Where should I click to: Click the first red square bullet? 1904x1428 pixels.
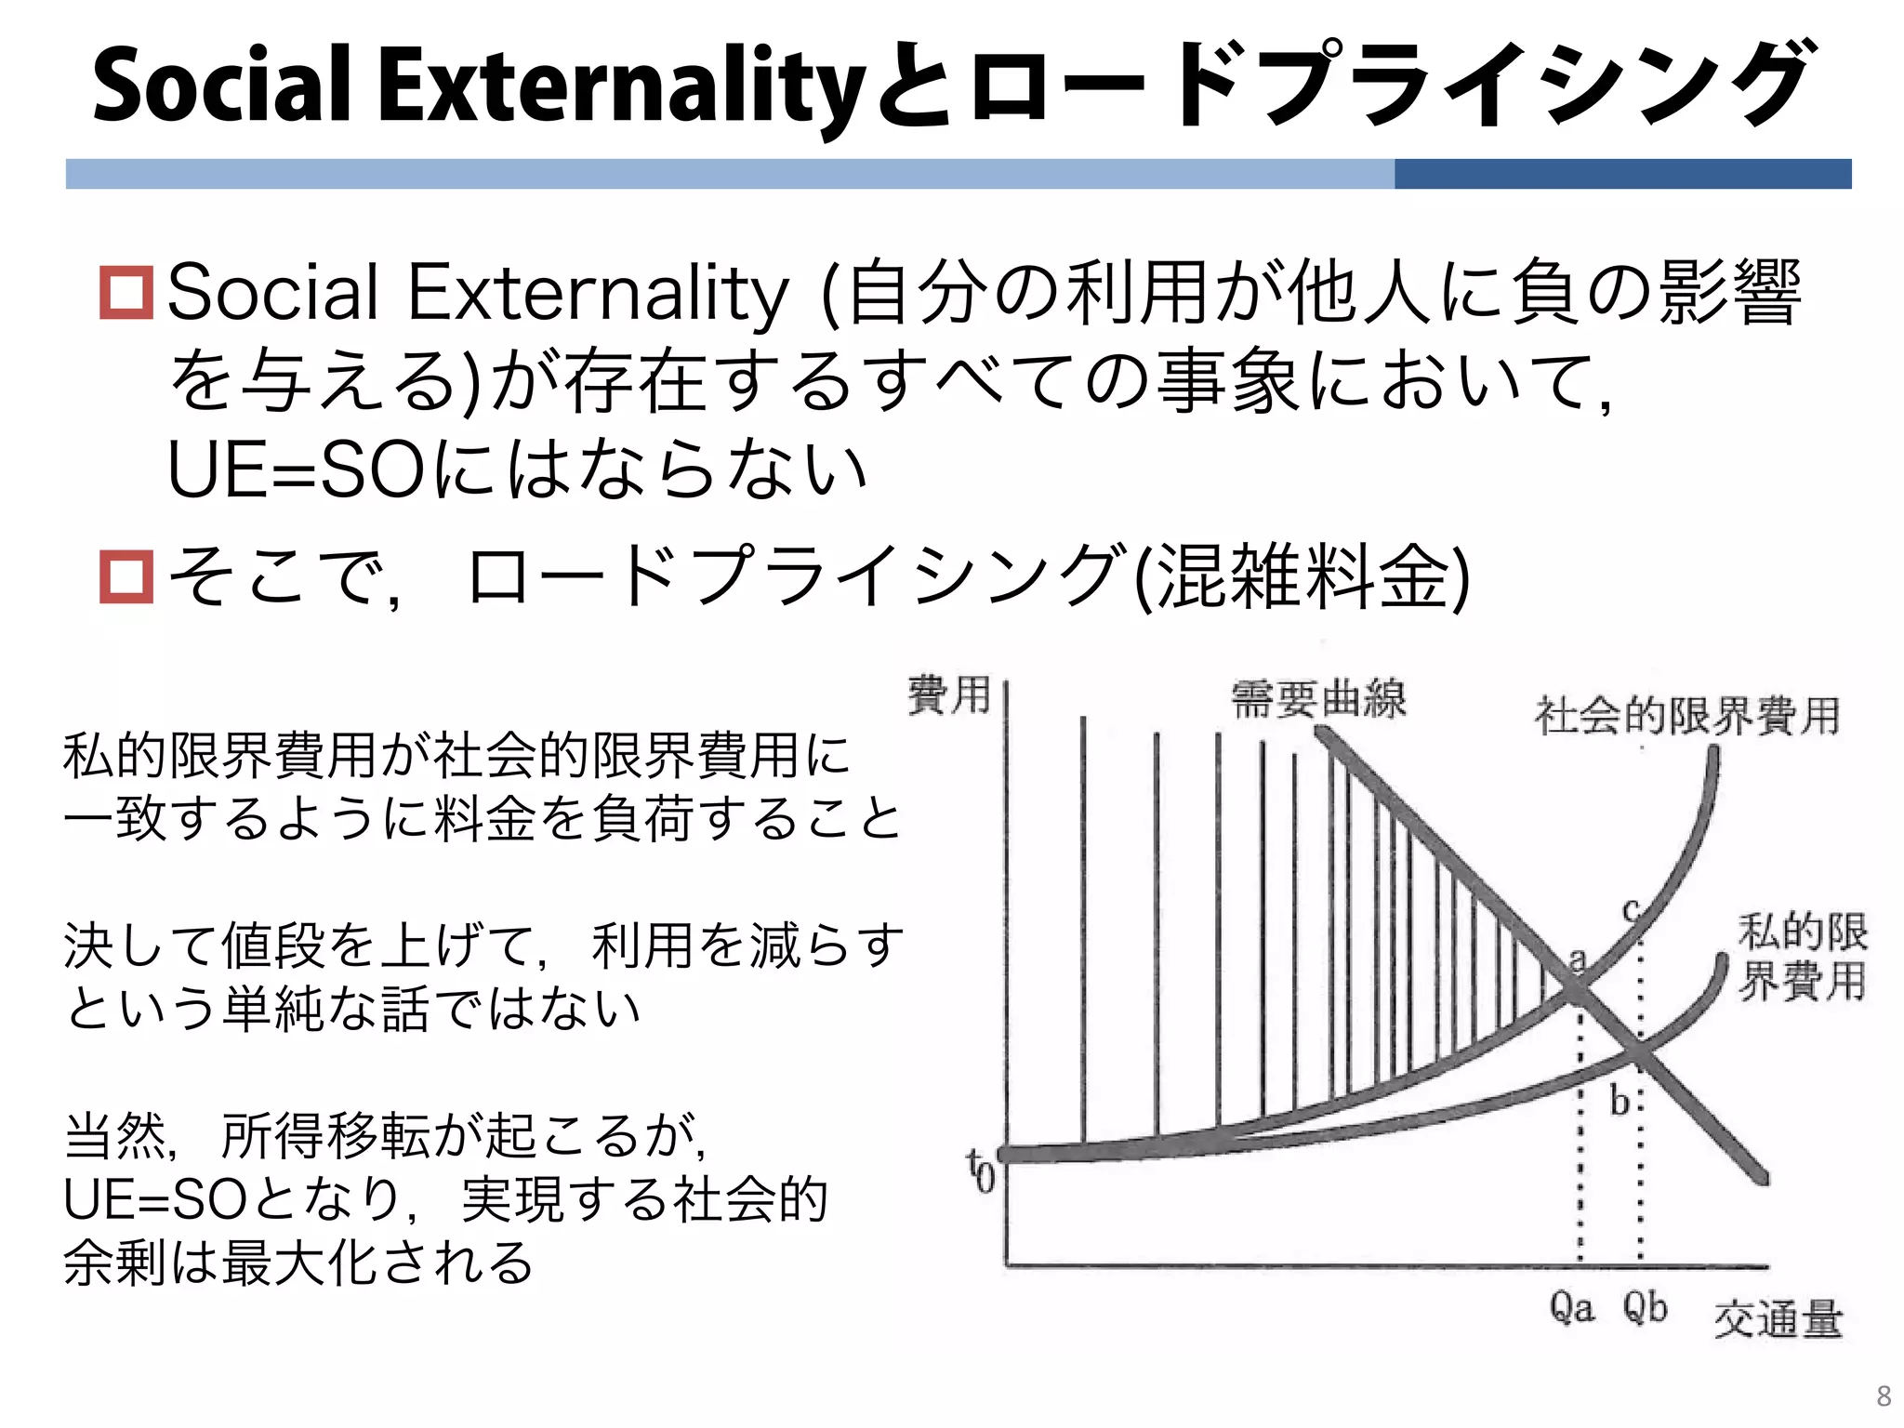(x=126, y=293)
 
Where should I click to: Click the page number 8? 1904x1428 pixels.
(x=1884, y=1395)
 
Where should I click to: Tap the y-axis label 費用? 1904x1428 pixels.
(x=949, y=695)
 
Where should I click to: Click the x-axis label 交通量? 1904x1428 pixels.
(x=1778, y=1319)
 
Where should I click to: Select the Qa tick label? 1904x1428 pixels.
(x=1571, y=1309)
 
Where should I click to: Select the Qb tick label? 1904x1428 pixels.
(x=1645, y=1309)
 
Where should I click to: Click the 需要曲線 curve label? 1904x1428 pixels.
(x=1318, y=699)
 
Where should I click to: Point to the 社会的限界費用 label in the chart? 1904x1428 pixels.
(x=1687, y=716)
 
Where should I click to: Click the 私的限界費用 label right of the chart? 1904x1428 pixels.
(x=1802, y=957)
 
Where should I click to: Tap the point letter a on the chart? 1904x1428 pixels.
(x=1578, y=959)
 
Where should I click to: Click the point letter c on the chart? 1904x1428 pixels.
(x=1631, y=909)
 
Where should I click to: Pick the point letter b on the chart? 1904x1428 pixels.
(x=1619, y=1101)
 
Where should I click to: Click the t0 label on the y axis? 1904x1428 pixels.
(x=981, y=1170)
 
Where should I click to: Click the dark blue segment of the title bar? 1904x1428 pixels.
(x=1622, y=174)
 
